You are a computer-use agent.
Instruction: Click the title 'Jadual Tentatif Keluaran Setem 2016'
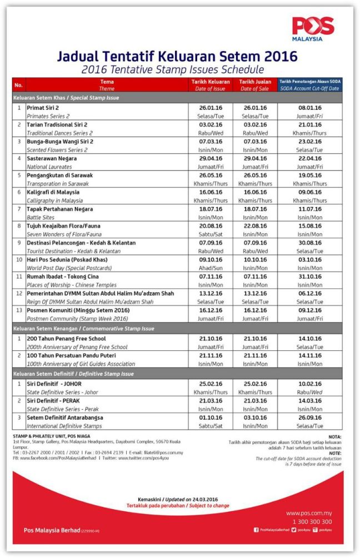click(x=177, y=57)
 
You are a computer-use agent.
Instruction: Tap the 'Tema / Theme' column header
click(x=106, y=84)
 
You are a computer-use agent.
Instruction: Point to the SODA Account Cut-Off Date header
click(x=310, y=84)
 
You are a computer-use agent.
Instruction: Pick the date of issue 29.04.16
click(x=211, y=159)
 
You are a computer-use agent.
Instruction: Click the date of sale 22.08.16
click(x=255, y=226)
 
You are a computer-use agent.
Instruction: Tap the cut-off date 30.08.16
click(x=309, y=243)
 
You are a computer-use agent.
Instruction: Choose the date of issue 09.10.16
click(x=211, y=260)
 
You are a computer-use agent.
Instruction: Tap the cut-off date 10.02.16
click(x=309, y=384)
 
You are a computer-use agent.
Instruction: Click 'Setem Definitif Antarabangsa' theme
click(x=64, y=418)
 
